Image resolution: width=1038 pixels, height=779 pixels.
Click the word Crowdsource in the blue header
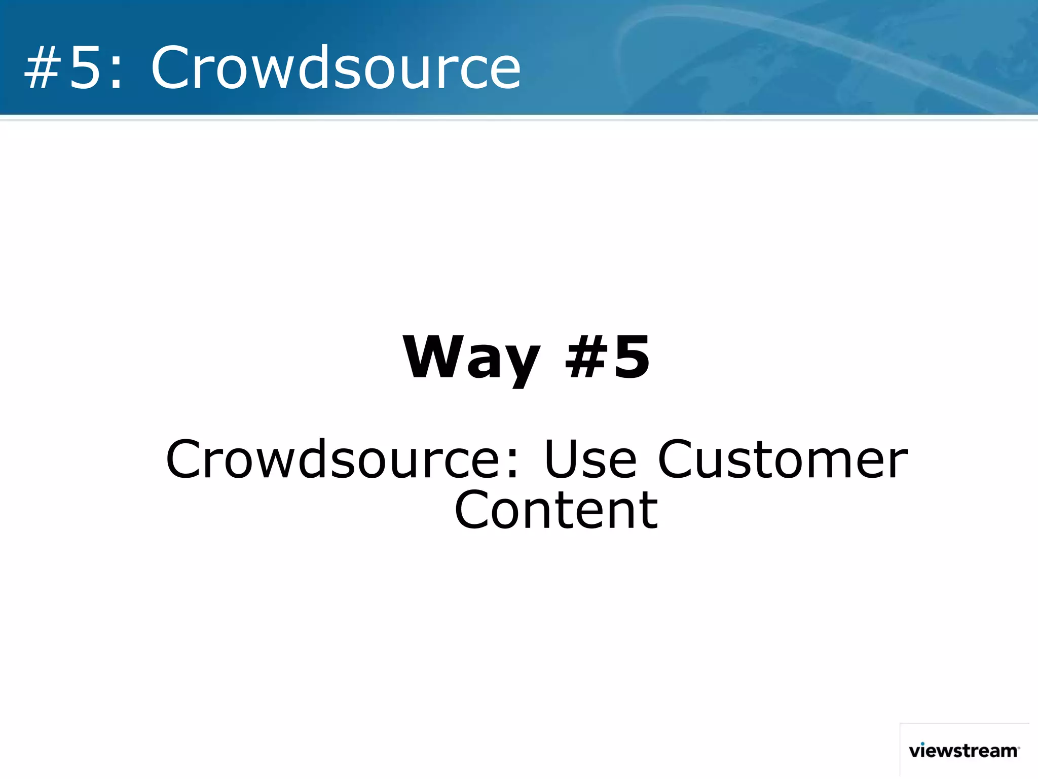(336, 67)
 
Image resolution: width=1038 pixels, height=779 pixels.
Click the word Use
(590, 459)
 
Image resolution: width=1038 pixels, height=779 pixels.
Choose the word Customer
(783, 459)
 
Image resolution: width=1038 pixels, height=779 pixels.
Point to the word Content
(556, 510)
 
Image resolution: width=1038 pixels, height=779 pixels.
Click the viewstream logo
(963, 751)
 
